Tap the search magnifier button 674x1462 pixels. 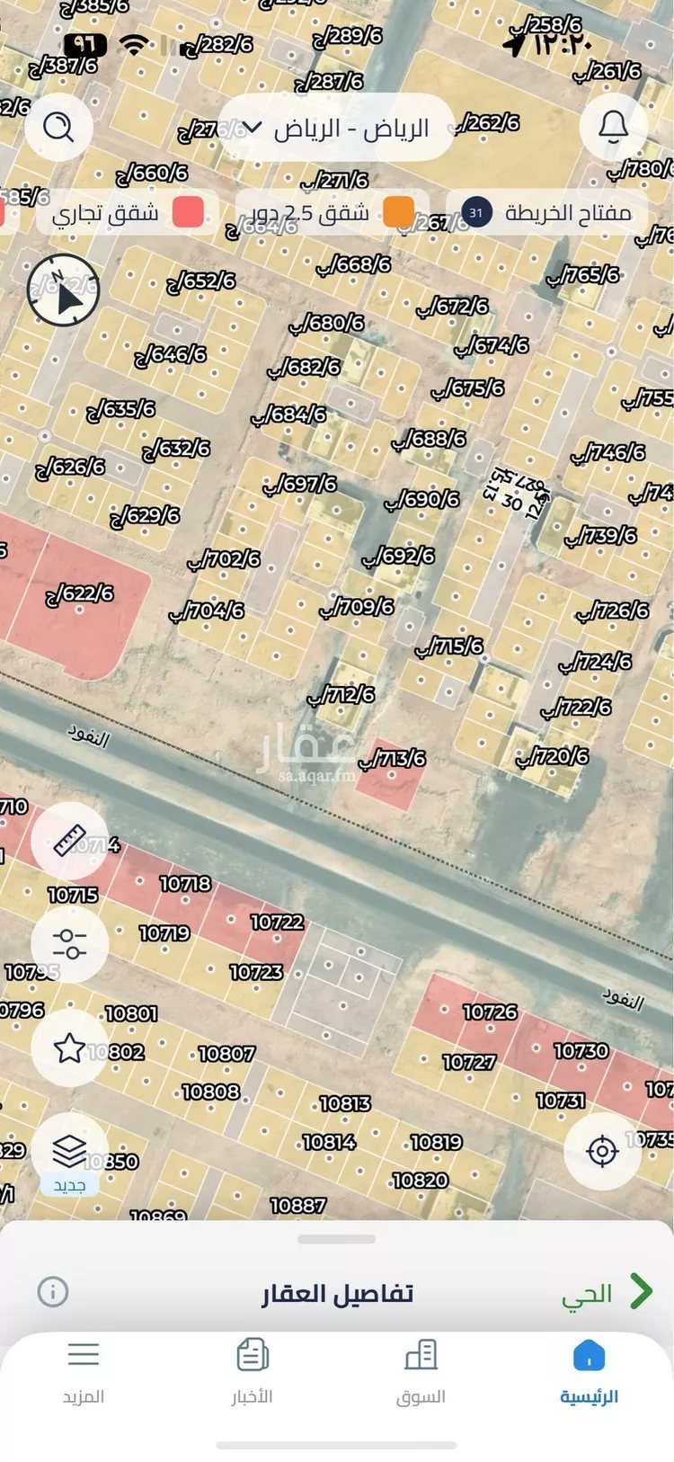(58, 128)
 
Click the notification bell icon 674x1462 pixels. (614, 126)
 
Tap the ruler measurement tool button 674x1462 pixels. (69, 840)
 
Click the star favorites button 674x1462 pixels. (69, 1047)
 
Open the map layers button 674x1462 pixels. (69, 1151)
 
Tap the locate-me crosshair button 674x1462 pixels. (602, 1151)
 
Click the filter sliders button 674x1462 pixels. (69, 943)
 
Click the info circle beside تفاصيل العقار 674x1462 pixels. (53, 1292)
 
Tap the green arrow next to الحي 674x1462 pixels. (641, 1291)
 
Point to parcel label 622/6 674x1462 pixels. (80, 593)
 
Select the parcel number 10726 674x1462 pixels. (490, 1012)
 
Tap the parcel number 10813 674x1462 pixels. (345, 1103)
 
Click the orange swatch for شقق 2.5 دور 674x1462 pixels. (398, 212)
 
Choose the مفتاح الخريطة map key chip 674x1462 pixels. (548, 213)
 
